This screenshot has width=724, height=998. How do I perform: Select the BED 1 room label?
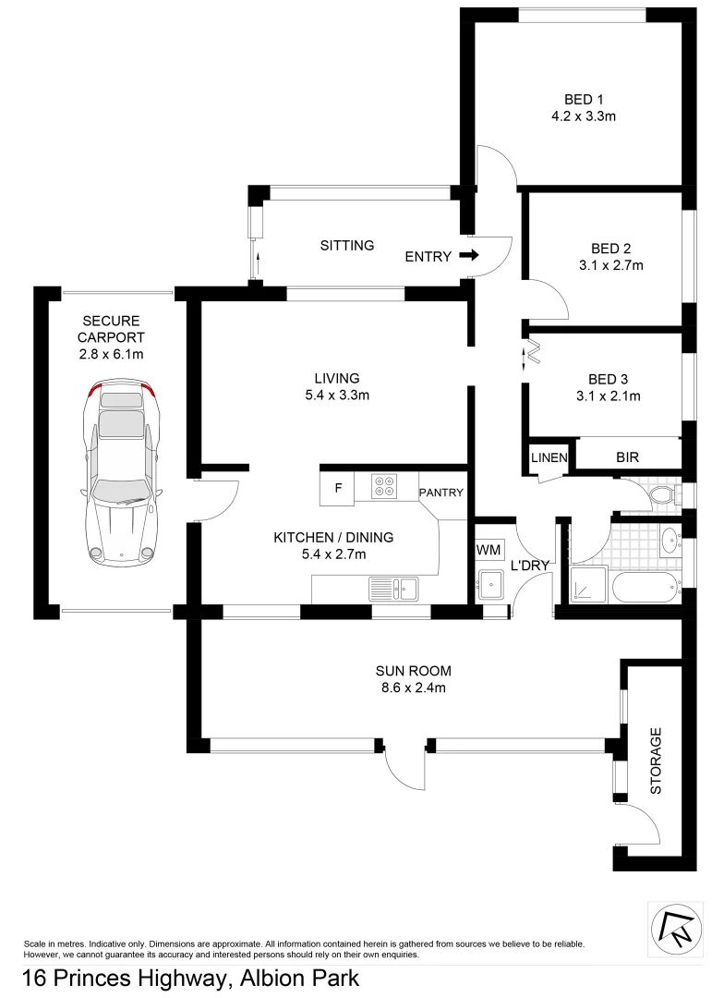click(584, 100)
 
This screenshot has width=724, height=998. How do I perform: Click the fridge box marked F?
click(339, 489)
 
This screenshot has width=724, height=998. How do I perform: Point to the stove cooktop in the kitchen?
click(385, 486)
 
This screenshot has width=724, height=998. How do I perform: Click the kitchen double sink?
click(393, 587)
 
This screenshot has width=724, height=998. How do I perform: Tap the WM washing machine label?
click(488, 551)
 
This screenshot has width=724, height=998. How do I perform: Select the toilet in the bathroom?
click(662, 497)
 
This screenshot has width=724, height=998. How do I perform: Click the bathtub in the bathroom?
click(638, 587)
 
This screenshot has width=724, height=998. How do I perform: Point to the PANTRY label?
click(441, 493)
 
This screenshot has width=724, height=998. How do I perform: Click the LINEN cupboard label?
click(548, 457)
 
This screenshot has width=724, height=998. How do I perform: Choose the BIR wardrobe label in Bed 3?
click(628, 457)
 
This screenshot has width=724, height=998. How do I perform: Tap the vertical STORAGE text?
click(657, 761)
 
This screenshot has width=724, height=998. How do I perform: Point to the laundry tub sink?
click(489, 584)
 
